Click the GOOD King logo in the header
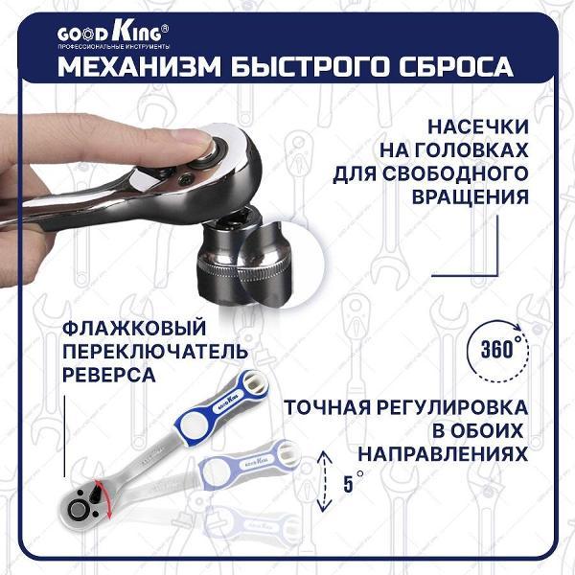click(x=109, y=35)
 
